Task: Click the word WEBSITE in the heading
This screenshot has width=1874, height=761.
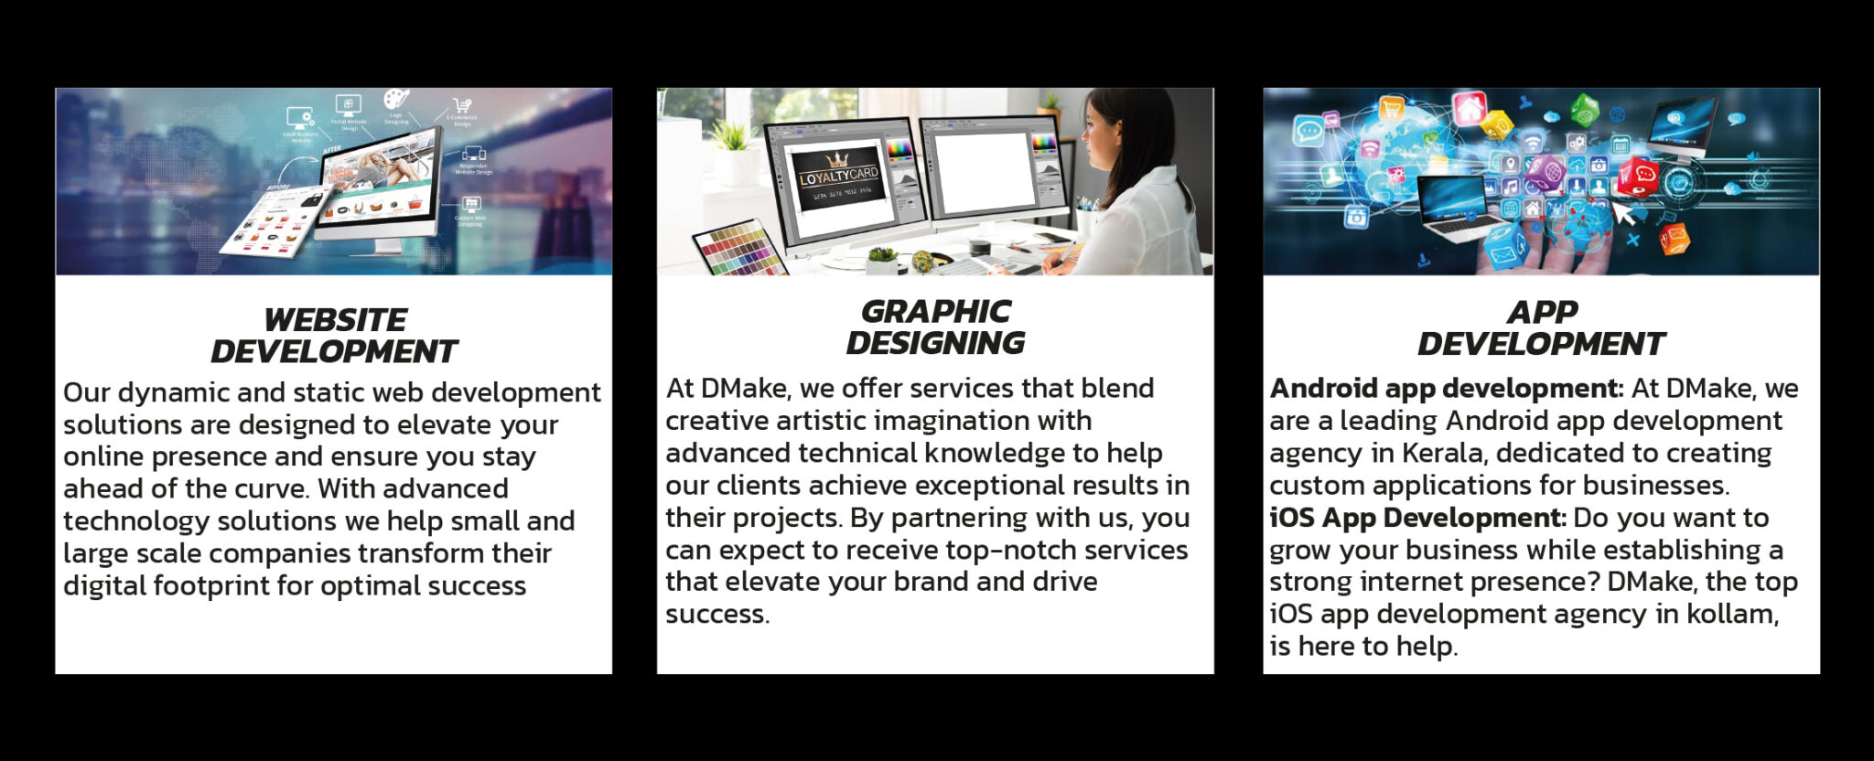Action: tap(335, 320)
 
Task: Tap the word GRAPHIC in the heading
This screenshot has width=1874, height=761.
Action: tap(936, 311)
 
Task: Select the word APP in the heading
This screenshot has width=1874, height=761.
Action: tap(1543, 312)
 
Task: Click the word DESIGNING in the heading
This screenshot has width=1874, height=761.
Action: tap(935, 343)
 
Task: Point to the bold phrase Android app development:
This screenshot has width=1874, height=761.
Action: tap(1447, 389)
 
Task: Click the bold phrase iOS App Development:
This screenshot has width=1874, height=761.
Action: tap(1418, 518)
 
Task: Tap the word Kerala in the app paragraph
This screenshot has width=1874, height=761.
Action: tap(1441, 453)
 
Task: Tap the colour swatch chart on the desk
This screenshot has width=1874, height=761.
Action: tap(739, 248)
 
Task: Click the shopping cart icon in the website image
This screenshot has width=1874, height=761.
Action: tap(462, 106)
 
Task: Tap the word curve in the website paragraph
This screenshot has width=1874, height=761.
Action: tap(270, 489)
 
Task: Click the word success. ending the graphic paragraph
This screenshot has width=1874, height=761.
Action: tap(717, 615)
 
